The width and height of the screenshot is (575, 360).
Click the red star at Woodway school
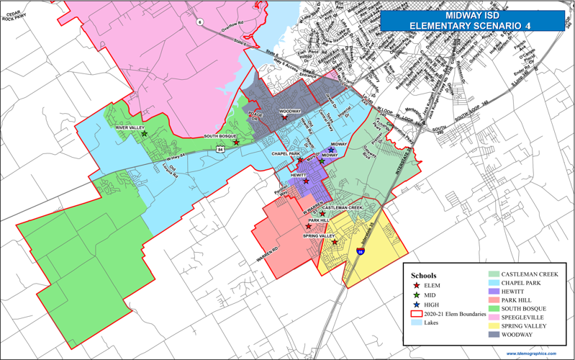[285, 117]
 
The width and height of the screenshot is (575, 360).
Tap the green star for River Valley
[144, 134]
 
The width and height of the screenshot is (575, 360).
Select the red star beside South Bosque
[236, 142]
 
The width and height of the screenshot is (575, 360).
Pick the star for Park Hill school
[309, 226]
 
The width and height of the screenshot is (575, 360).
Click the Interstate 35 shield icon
[360, 251]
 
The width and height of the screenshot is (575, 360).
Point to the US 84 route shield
[219, 149]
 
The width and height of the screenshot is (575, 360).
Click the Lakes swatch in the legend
[416, 323]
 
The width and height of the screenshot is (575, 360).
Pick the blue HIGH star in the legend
[416, 305]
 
